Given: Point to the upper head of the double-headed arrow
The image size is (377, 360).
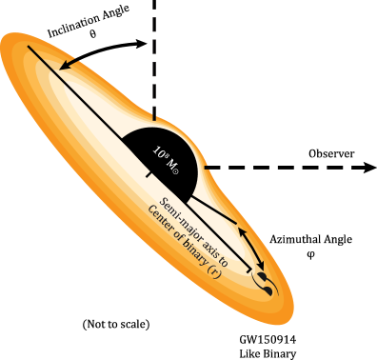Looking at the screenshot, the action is click(x=240, y=230).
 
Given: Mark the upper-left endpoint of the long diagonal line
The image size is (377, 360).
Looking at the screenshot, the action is click(x=28, y=46).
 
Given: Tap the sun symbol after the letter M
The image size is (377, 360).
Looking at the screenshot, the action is click(x=175, y=170).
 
